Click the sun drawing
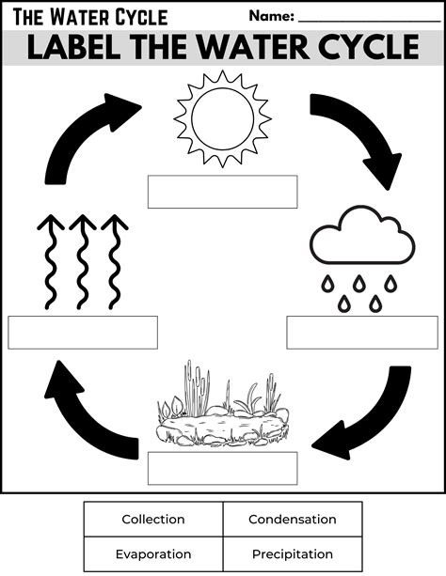click(x=223, y=117)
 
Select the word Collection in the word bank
click(x=153, y=519)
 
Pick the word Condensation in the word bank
click(x=292, y=519)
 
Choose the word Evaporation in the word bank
click(x=153, y=554)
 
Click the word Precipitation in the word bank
click(x=292, y=554)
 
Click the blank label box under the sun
click(x=222, y=192)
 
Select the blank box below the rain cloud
click(x=362, y=333)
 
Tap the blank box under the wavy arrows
click(x=83, y=333)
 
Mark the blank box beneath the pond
click(x=222, y=468)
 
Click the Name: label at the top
click(x=272, y=16)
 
